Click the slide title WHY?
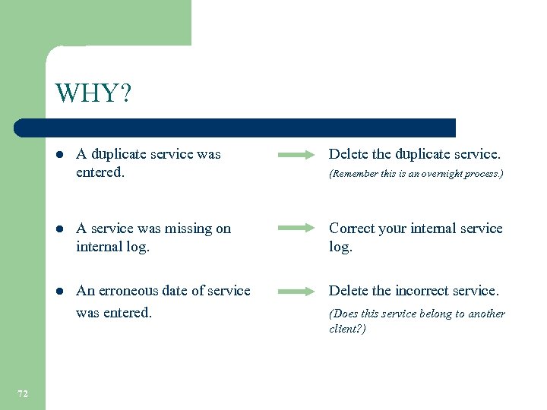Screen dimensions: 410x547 (x=93, y=94)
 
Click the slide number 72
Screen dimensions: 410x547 (x=23, y=393)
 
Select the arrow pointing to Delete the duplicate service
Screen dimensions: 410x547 (x=296, y=155)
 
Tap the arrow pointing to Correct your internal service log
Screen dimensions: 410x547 (x=296, y=228)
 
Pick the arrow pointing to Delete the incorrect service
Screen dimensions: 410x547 (x=296, y=291)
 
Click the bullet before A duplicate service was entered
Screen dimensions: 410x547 (x=60, y=155)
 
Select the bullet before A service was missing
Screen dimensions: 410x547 (x=60, y=229)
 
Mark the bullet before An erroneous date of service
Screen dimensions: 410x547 (x=60, y=292)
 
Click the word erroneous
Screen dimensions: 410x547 (x=130, y=291)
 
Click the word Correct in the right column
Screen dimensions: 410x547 (x=352, y=229)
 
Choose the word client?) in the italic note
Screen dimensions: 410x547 (x=347, y=329)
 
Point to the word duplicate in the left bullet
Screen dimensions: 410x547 (x=119, y=154)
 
